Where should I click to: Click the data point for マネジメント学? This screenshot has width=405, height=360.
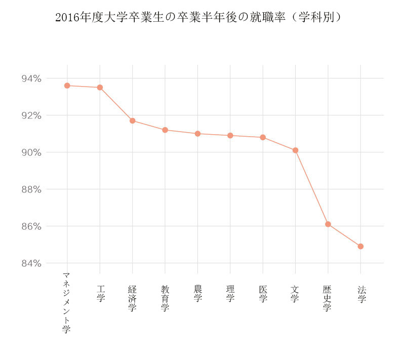(x=67, y=86)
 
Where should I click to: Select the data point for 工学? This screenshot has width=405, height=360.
(x=100, y=88)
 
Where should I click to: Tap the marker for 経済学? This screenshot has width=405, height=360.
(x=132, y=121)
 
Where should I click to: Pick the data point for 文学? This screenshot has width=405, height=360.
(x=295, y=150)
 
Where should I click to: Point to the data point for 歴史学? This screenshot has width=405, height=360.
(x=328, y=224)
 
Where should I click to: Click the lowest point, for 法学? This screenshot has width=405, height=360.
(x=360, y=247)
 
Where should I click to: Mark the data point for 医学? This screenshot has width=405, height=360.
(x=263, y=137)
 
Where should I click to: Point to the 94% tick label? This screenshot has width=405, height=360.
(x=31, y=78)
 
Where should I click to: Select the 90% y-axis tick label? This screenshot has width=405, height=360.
(x=31, y=152)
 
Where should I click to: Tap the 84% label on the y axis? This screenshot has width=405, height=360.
(x=31, y=263)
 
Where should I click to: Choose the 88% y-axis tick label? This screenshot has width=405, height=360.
(x=31, y=189)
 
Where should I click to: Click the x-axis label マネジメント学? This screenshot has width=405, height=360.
(x=66, y=302)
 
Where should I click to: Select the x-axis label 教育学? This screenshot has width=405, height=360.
(x=165, y=298)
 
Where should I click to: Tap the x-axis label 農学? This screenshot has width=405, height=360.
(x=197, y=294)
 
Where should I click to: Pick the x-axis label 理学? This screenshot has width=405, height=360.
(x=230, y=294)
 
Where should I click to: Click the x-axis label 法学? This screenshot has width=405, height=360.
(x=361, y=294)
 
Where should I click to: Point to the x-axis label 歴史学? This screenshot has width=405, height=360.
(x=328, y=298)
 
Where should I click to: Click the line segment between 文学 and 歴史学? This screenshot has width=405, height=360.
(x=312, y=188)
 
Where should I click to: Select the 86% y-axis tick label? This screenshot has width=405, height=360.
(x=31, y=226)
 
